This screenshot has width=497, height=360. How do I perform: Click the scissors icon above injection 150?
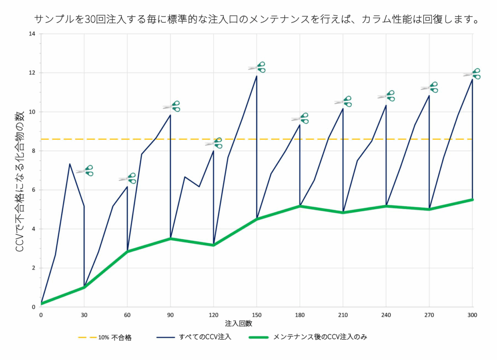point(257,67)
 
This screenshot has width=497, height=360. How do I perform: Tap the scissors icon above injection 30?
point(84,170)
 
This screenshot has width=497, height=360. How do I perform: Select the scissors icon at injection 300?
point(472,74)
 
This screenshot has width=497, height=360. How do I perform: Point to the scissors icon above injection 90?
point(171,106)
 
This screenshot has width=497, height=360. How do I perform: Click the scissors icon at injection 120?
point(214,143)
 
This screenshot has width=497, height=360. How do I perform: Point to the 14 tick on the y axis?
point(32,34)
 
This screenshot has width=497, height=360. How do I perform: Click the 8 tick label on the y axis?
point(33,151)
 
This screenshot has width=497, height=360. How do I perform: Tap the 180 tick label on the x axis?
point(300,314)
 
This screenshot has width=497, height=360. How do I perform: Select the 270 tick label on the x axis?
point(429,314)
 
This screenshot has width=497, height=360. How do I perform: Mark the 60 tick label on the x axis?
point(128,314)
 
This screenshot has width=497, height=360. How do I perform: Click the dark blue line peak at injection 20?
point(70,164)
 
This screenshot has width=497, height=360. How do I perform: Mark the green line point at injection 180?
point(300,206)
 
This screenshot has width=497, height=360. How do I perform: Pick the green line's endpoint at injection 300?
point(472,199)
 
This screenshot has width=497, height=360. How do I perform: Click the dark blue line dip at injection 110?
point(199,187)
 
